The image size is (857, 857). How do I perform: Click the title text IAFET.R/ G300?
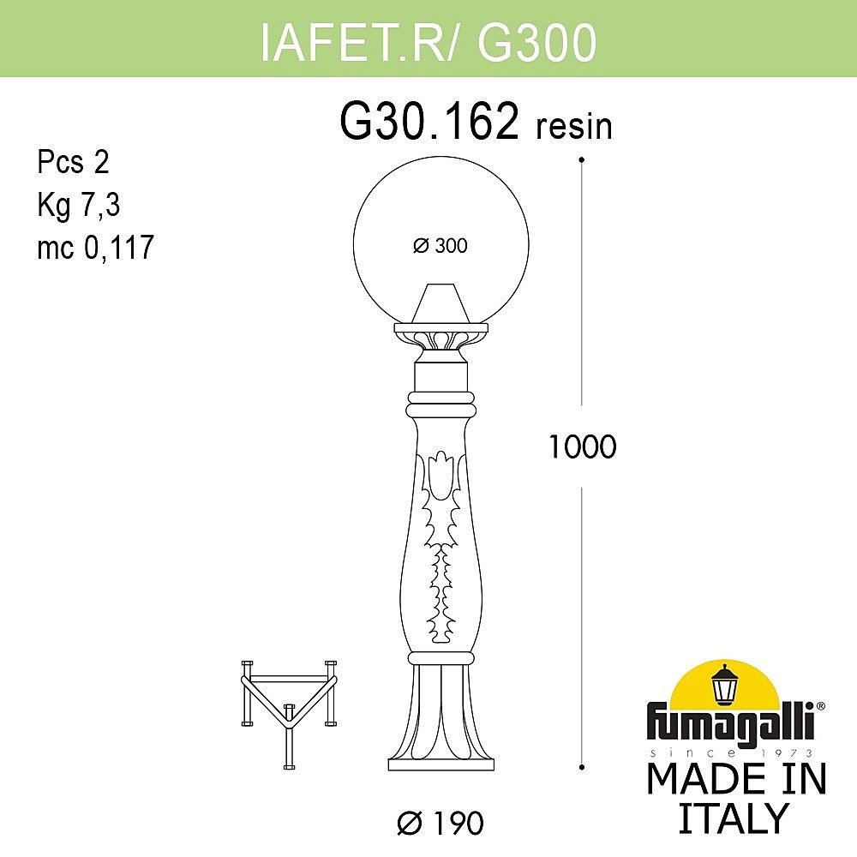tap(428, 43)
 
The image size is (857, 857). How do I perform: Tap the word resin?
tap(573, 127)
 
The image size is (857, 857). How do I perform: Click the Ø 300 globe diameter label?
tap(440, 246)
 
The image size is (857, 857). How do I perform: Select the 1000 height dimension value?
tap(582, 446)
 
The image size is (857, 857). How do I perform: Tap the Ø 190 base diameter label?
tap(440, 824)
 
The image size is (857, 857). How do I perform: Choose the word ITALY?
tap(732, 818)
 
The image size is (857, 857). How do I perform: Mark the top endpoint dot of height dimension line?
tap(582, 159)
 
